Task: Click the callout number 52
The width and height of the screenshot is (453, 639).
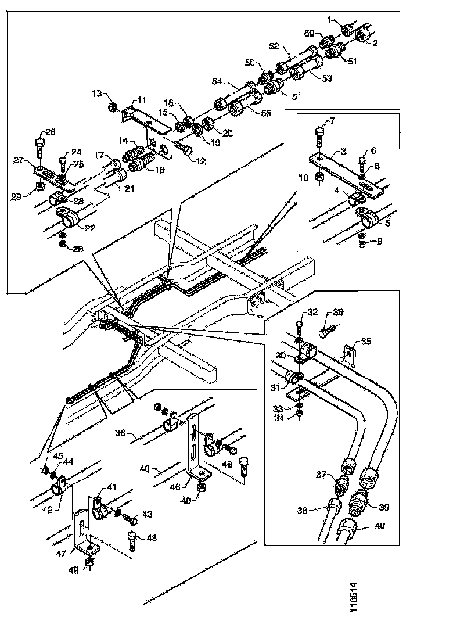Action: pos(274,45)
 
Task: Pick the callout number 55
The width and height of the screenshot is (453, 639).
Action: pos(266,113)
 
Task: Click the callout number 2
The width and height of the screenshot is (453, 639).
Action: pos(375,42)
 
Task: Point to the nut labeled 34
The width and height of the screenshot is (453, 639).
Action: pos(299,413)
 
